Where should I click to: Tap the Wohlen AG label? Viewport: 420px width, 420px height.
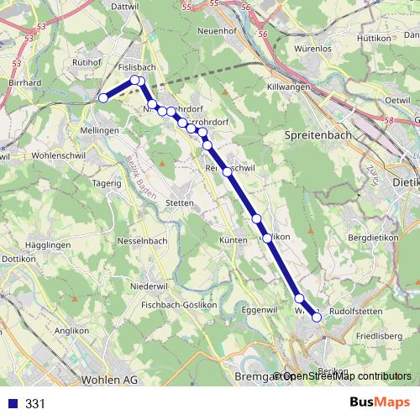(x=108, y=380)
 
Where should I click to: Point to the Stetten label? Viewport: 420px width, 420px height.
(x=180, y=202)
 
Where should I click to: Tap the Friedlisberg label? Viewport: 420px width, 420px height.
(x=379, y=336)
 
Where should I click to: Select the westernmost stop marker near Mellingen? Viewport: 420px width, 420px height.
(x=103, y=98)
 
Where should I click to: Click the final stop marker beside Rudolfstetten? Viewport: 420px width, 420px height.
(x=317, y=317)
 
